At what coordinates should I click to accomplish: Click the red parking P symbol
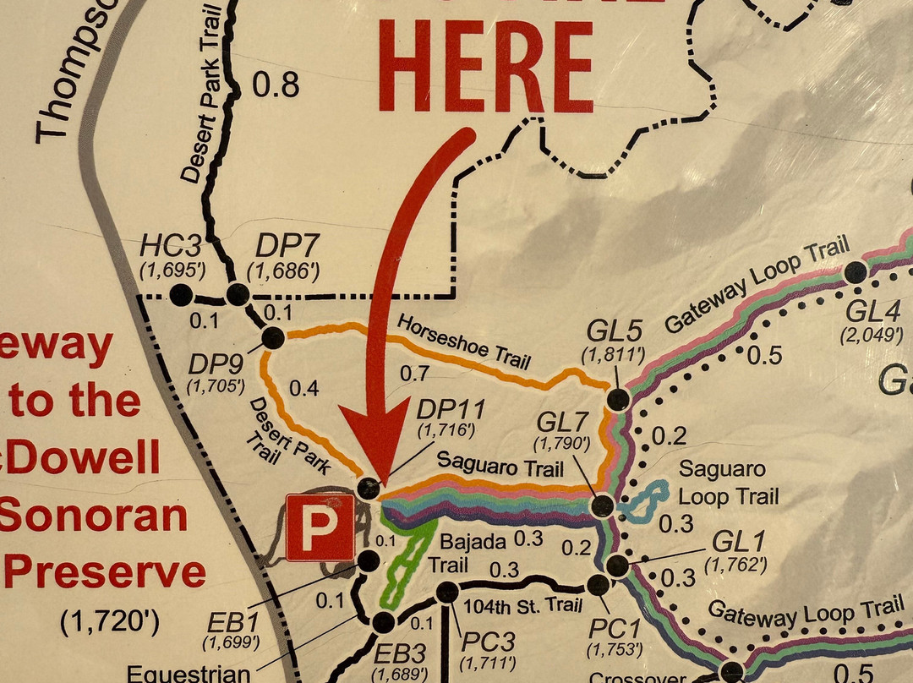coord(320,527)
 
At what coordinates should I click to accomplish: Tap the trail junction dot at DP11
coord(369,488)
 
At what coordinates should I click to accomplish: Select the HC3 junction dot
coord(180,295)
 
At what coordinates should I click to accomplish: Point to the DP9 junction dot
coord(273,338)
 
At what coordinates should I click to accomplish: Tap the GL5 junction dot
coord(619,400)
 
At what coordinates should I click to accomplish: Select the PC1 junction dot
coord(598,585)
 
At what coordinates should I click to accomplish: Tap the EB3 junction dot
coord(383,623)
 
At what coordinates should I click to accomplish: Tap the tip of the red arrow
coord(379,478)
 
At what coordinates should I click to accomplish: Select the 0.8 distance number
coord(276,85)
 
